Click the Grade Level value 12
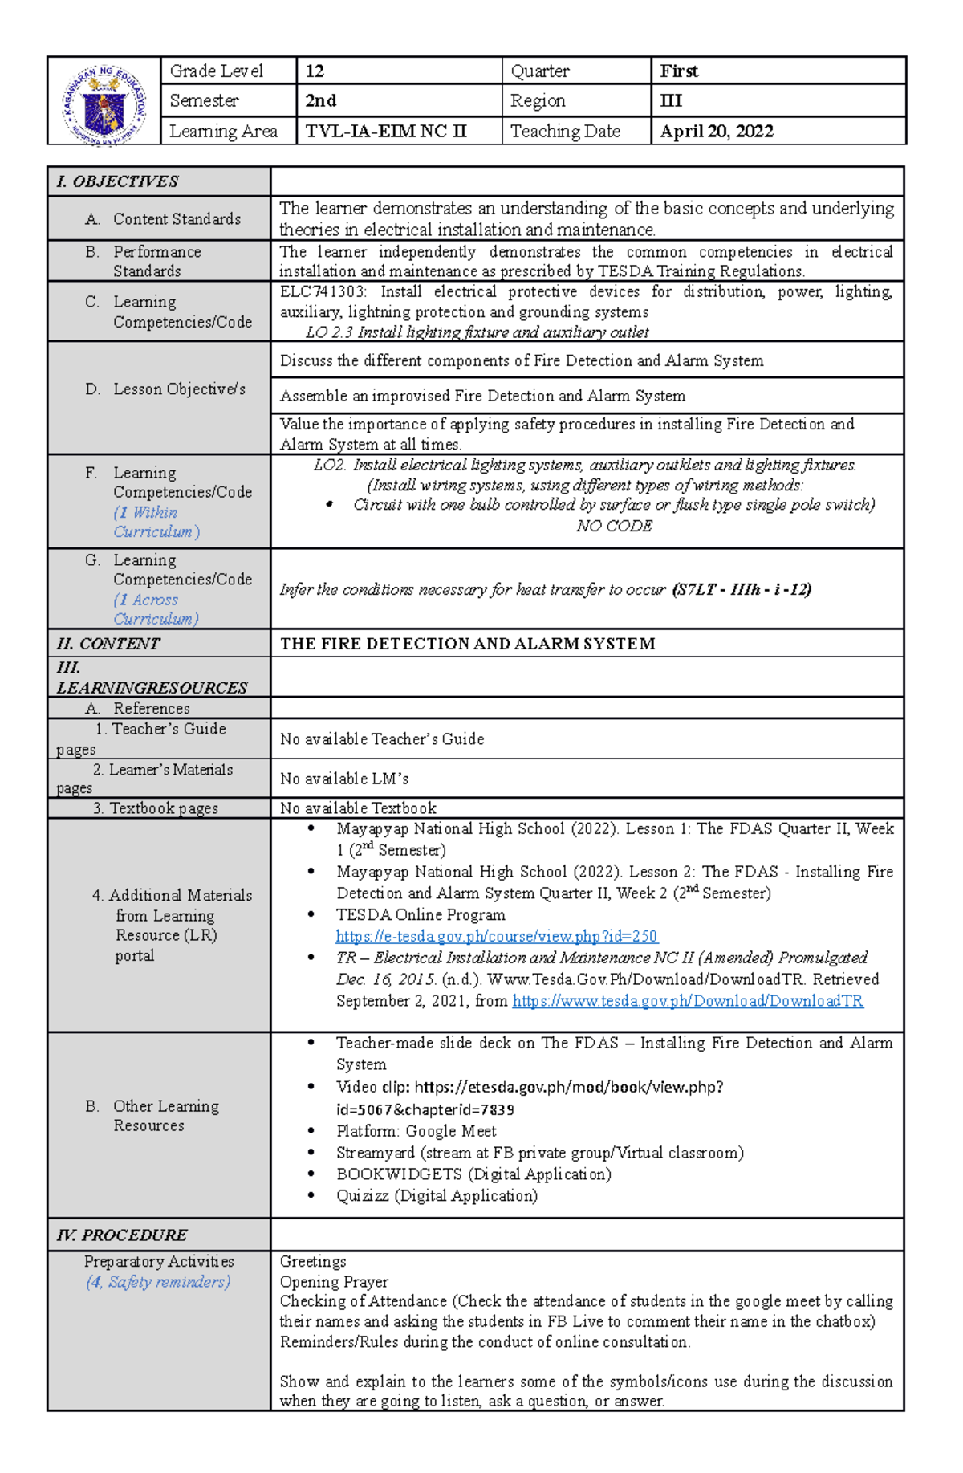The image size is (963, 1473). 315,71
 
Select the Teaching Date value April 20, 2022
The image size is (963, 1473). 716,132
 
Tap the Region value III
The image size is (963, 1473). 671,101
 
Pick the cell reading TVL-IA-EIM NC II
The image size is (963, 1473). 385,132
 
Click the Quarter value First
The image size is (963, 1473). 679,71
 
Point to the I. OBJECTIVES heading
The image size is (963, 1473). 117,181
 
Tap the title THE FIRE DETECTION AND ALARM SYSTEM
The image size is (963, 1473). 467,644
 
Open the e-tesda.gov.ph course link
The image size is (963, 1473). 496,936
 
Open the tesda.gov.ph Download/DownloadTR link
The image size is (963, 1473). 687,1001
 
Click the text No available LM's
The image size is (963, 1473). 344,779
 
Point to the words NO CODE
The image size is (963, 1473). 614,527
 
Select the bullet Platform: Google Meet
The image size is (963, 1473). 416,1131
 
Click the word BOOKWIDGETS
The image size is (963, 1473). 399,1174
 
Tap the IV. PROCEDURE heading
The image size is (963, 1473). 122,1235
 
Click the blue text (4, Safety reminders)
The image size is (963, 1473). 158,1282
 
